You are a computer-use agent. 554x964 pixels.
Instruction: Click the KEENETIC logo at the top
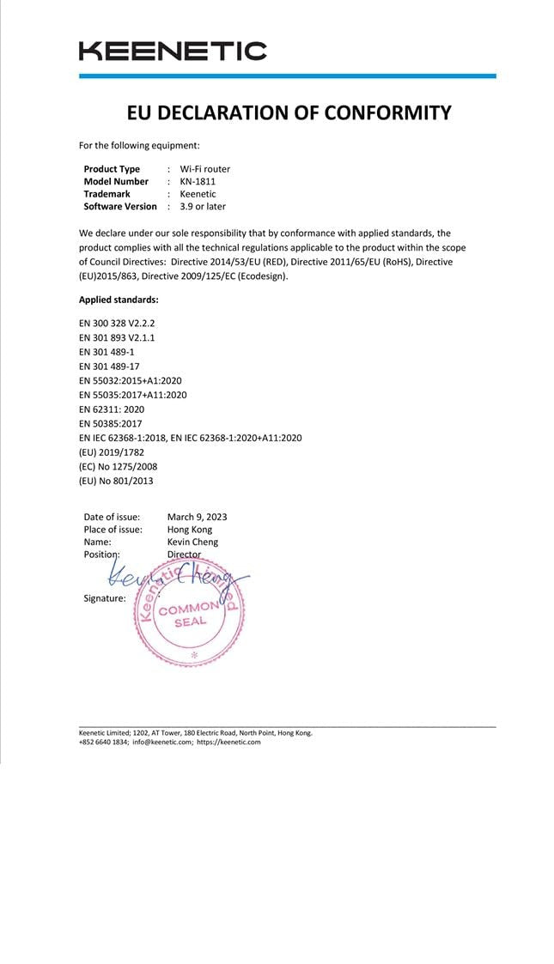point(173,52)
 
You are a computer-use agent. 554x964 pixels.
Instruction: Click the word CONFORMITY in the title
point(383,112)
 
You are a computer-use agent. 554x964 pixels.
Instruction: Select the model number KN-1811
point(198,181)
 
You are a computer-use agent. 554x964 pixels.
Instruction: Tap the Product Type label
point(112,169)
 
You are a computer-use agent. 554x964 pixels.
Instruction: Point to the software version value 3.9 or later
point(203,206)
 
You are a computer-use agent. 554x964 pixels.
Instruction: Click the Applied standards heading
point(119,300)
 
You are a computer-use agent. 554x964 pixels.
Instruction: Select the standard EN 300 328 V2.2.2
point(117,323)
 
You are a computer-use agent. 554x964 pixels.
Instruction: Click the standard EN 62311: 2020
point(112,409)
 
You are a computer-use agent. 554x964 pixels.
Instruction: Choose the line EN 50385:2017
point(111,423)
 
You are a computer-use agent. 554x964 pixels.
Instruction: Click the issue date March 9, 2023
point(197,517)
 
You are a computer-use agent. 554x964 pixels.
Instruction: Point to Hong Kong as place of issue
point(190,530)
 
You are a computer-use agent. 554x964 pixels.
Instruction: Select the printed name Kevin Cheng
point(192,542)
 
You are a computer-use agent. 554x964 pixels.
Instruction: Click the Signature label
point(105,597)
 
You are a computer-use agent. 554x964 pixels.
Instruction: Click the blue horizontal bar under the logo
point(287,76)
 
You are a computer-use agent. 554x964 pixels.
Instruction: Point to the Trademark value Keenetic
point(198,194)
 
